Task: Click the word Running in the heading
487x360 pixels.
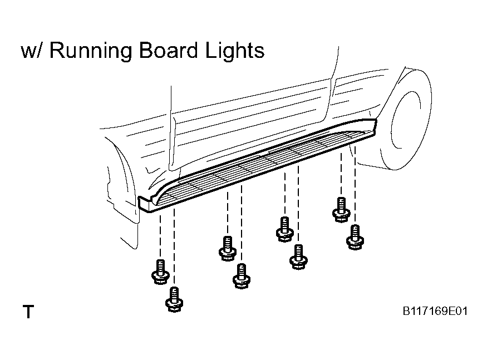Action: click(91, 51)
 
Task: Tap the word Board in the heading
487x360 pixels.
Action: click(168, 50)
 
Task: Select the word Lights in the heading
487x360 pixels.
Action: click(235, 51)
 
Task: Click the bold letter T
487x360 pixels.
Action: click(28, 312)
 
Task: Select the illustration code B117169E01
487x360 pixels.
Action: click(435, 311)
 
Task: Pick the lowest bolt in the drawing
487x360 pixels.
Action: click(174, 300)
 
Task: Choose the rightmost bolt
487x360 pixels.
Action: click(355, 237)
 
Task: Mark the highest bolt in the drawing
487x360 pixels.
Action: click(341, 210)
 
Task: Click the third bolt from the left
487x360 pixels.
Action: click(228, 249)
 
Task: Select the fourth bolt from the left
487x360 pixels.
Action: click(242, 276)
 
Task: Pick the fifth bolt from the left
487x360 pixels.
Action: click(285, 229)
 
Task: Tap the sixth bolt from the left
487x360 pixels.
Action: click(298, 257)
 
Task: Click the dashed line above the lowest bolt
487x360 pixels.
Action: click(174, 248)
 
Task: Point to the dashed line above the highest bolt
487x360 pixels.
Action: click(341, 174)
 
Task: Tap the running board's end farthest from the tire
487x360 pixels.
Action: click(145, 204)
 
